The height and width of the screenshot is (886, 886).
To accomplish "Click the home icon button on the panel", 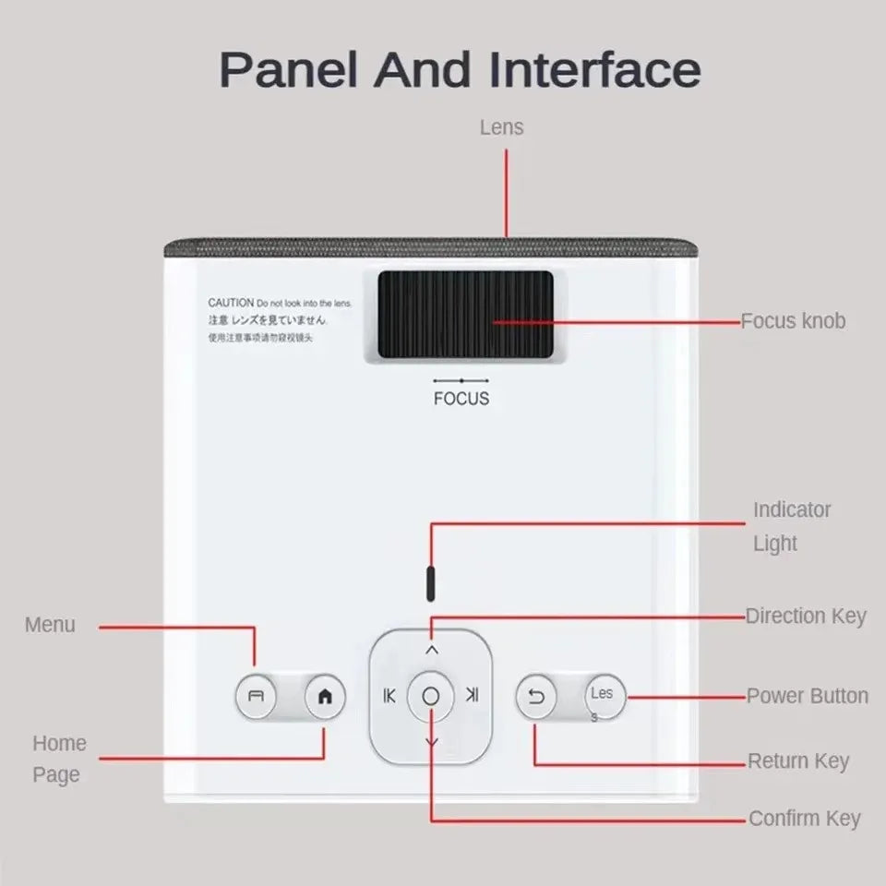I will point(324,698).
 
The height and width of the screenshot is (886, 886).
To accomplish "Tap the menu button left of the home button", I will point(257,698).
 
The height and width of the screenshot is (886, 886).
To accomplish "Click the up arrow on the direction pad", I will point(431,650).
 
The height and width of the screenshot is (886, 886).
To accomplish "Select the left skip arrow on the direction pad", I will point(389,696).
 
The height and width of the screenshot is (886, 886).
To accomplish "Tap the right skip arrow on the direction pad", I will point(473,695).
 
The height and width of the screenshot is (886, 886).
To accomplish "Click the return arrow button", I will point(536,697).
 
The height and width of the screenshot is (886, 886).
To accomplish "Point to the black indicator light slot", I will point(430,583).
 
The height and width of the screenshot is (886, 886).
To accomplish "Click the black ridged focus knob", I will point(465,316).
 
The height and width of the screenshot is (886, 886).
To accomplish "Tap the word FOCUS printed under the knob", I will point(461,399).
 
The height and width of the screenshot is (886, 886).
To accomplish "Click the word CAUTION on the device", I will point(230,303).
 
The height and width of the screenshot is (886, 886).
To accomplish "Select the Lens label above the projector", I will point(501,127).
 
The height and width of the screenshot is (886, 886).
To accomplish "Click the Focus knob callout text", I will point(793,321).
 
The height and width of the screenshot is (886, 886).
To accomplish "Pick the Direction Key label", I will point(806,616).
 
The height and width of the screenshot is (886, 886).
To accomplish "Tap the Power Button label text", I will point(807,696).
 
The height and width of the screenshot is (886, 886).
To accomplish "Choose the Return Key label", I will point(797,761).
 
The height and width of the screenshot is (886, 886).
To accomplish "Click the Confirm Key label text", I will point(804,818).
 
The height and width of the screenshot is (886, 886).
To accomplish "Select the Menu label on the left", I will point(50,625).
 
